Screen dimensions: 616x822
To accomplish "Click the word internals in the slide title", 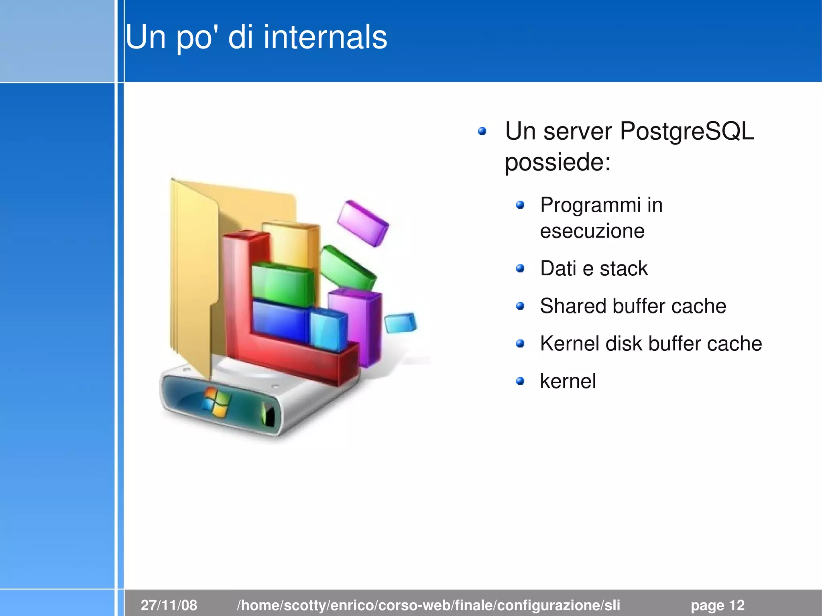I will [325, 37].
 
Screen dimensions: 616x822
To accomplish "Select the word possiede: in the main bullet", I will [557, 162].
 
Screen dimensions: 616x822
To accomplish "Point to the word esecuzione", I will [592, 231].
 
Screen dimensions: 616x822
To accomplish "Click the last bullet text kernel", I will [568, 381].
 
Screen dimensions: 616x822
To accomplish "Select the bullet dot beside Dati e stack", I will [520, 268].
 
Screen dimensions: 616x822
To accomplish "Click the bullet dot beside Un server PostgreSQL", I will [482, 131].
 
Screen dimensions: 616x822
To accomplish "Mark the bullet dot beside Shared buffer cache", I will [520, 306].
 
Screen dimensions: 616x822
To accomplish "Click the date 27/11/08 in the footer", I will [169, 605].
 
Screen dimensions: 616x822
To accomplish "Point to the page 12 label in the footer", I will [717, 605].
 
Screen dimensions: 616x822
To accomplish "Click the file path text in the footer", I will [428, 605].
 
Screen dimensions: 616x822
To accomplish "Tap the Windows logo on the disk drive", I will [216, 401].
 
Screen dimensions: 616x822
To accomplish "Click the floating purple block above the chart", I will [363, 223].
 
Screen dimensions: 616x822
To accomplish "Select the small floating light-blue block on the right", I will [400, 323].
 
